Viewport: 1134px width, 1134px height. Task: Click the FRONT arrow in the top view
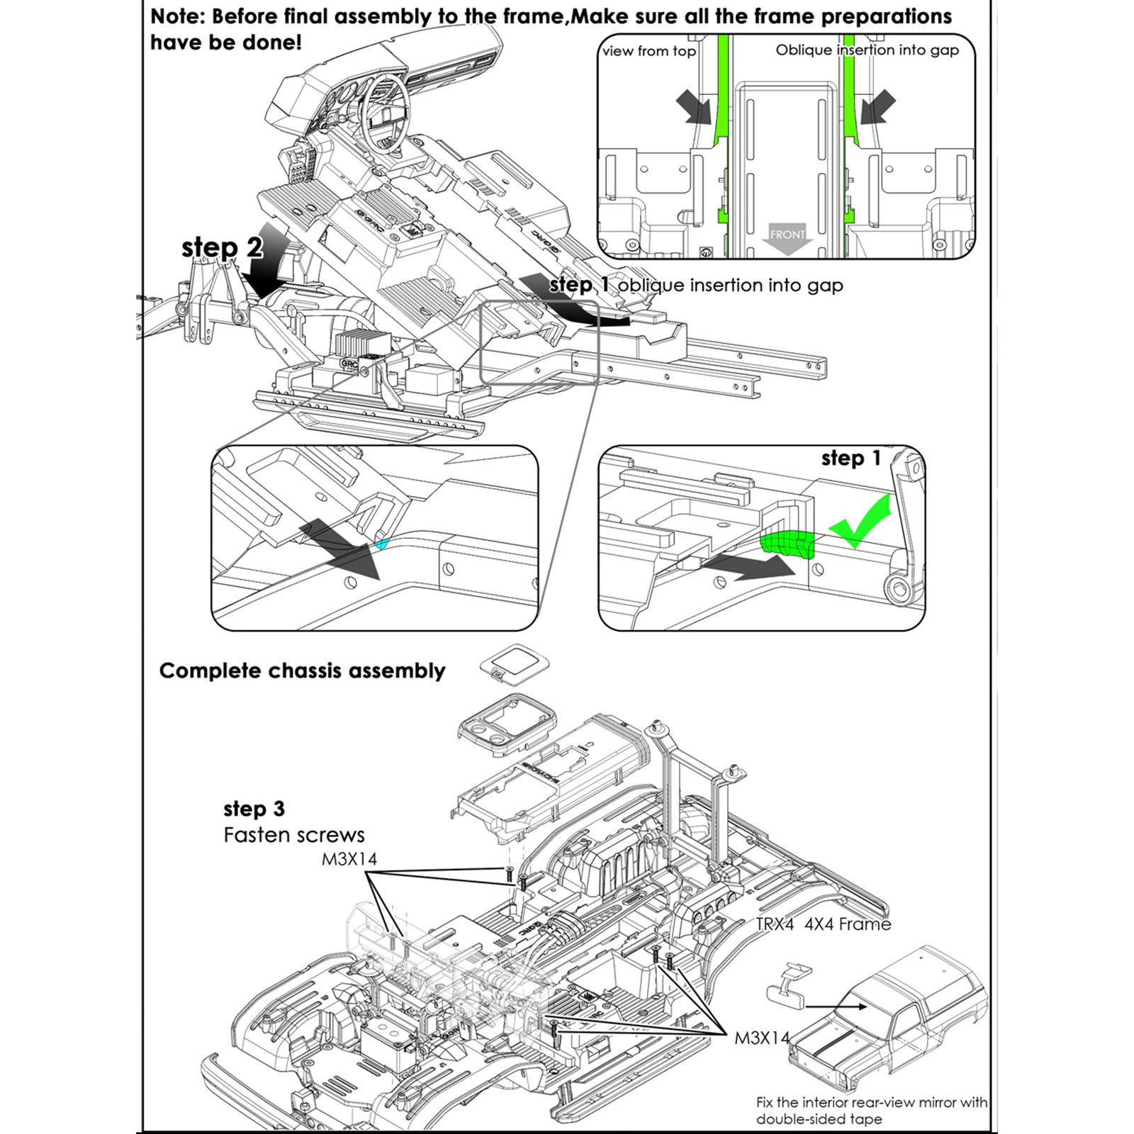click(x=787, y=239)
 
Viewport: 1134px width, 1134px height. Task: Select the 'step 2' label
click(x=222, y=247)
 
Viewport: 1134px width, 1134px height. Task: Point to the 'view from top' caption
click(x=649, y=51)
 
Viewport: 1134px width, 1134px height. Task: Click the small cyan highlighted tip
click(x=383, y=544)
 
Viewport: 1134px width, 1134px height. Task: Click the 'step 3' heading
click(x=254, y=809)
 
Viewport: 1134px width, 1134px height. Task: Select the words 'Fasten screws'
click(x=293, y=835)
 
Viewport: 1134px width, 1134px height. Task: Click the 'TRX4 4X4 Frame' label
click(x=823, y=924)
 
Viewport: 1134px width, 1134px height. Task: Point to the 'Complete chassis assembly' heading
click(x=302, y=670)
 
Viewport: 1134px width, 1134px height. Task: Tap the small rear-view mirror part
click(x=787, y=985)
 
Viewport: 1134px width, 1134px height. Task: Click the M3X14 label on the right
click(x=762, y=1038)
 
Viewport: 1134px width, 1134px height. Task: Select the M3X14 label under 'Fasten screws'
click(x=349, y=859)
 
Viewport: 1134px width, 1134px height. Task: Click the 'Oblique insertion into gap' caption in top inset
click(x=867, y=50)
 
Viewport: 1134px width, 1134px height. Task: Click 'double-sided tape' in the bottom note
click(x=819, y=1119)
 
